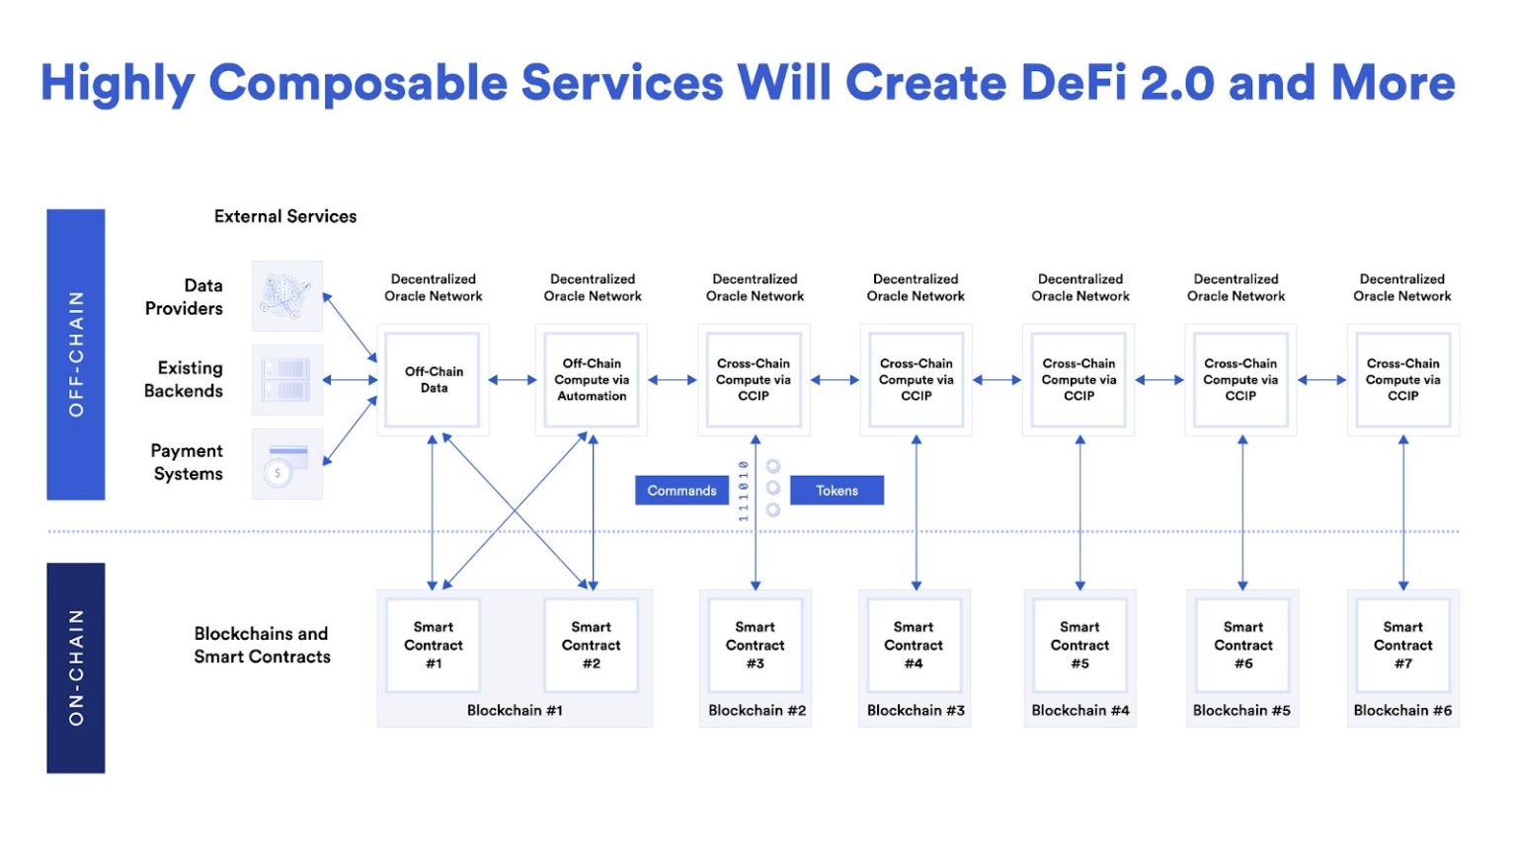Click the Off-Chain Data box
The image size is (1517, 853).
(433, 380)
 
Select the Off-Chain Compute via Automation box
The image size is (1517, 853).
(592, 380)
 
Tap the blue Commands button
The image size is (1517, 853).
(681, 491)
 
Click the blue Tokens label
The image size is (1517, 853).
(837, 491)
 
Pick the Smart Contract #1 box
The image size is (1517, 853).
(433, 646)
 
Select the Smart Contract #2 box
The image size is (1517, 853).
(591, 646)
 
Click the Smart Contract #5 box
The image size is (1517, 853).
(1079, 646)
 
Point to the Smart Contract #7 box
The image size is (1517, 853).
(1402, 646)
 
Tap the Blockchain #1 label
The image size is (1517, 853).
(515, 711)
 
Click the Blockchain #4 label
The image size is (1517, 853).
(1080, 711)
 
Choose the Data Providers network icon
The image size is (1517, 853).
(286, 296)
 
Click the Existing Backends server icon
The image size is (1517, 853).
(286, 380)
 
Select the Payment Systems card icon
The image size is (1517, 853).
(286, 464)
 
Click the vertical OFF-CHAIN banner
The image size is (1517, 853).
(76, 354)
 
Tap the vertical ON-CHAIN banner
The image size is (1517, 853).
(76, 667)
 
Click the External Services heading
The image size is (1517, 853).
(285, 216)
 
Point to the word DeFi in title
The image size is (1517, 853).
(1074, 83)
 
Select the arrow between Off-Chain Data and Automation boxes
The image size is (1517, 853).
(512, 380)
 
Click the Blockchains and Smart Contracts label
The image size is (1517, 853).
(262, 646)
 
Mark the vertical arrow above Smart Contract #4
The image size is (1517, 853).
(917, 513)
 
